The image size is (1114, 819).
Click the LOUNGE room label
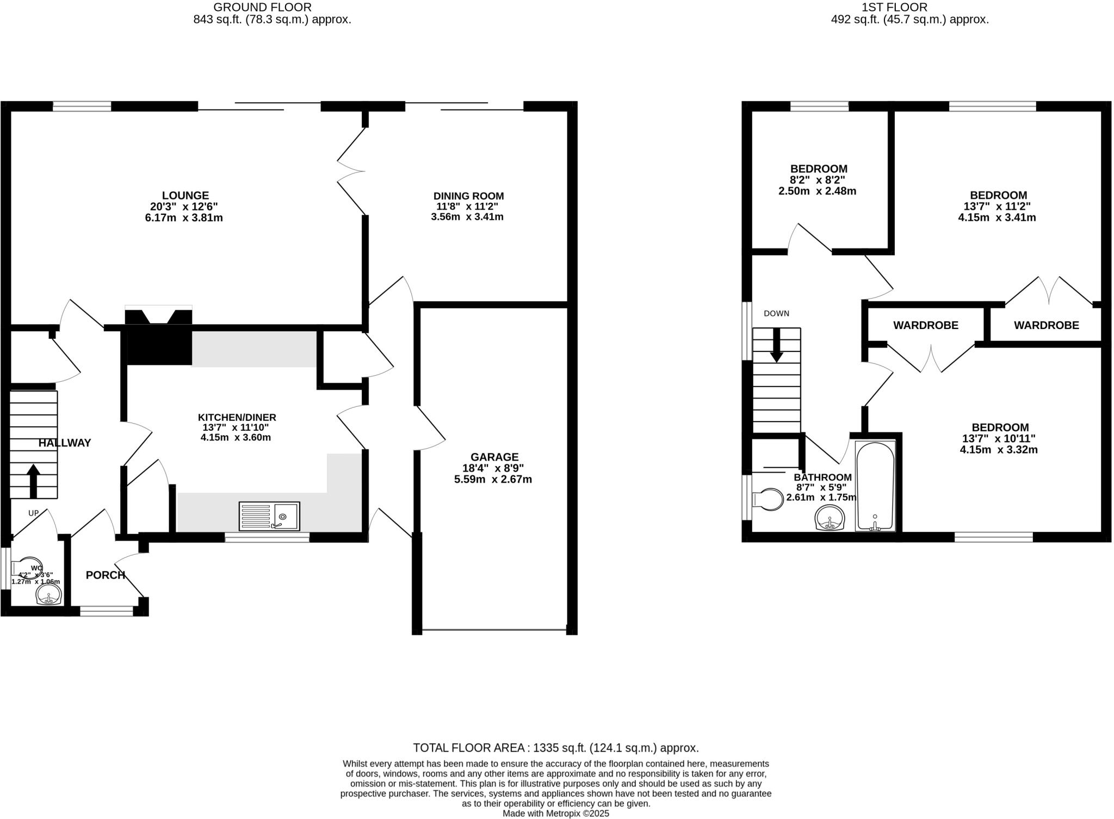click(x=185, y=195)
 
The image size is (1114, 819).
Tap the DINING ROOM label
click(x=468, y=196)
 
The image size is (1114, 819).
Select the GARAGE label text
click(x=494, y=457)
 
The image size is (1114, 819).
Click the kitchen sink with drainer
click(x=269, y=516)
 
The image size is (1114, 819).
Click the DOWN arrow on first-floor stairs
click(x=776, y=345)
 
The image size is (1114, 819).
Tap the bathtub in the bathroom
click(x=875, y=486)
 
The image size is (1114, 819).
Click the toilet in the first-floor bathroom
click(x=768, y=499)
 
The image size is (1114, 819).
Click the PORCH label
click(x=106, y=575)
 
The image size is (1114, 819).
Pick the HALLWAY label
click(x=65, y=443)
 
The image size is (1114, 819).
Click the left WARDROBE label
click(x=925, y=325)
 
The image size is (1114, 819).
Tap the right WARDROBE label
click(x=1046, y=325)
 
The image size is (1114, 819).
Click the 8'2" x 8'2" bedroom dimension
click(x=818, y=180)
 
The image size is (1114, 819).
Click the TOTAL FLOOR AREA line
click(x=555, y=748)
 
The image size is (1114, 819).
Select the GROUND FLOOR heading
click(x=262, y=7)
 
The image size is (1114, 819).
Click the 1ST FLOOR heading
click(x=909, y=7)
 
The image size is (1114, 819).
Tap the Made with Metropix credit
click(x=555, y=814)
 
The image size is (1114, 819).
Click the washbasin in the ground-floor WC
click(x=48, y=598)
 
